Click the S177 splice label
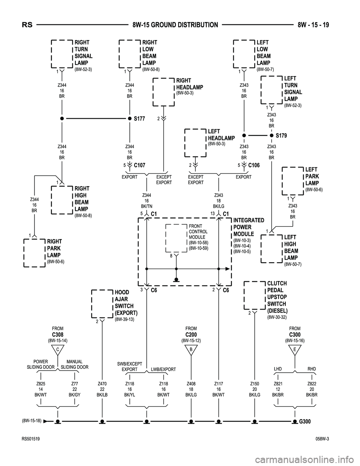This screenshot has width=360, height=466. (139, 119)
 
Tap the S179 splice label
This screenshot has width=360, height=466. (281, 135)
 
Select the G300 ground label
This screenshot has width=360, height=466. (305, 421)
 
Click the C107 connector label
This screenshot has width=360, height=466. (139, 165)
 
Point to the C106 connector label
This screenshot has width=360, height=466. (254, 165)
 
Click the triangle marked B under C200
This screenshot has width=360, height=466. (191, 350)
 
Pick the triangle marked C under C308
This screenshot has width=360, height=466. (58, 350)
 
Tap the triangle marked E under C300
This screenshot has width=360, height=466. (295, 350)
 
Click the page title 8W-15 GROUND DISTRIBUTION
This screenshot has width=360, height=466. (175, 25)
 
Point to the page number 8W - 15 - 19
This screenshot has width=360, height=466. (313, 25)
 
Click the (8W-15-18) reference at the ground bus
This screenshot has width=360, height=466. (32, 420)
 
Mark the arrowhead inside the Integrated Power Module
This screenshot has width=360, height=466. (228, 269)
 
